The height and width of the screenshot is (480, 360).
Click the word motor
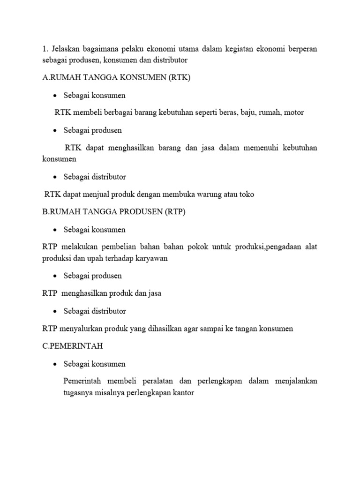[x=293, y=112]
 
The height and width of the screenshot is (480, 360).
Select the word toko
[x=245, y=194]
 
